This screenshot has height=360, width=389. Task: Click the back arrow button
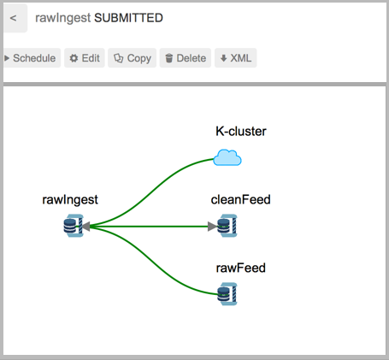tap(15, 18)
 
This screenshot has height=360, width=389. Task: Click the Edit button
tap(85, 58)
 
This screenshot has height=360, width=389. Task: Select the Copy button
tap(132, 58)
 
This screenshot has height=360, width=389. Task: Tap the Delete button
tap(186, 58)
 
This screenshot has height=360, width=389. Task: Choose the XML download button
tap(236, 58)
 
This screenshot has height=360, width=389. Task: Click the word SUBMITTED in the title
tap(128, 18)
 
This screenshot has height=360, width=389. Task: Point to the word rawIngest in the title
tap(63, 18)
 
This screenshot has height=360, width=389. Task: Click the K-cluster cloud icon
tap(227, 157)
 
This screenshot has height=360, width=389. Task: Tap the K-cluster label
tap(241, 132)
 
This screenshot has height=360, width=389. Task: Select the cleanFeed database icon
tap(227, 226)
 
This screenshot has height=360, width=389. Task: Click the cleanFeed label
tap(240, 199)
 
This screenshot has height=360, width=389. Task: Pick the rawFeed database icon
tap(227, 294)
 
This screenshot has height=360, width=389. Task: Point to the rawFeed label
tap(241, 268)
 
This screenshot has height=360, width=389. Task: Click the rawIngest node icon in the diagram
tap(74, 226)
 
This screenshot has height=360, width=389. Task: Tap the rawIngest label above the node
tap(70, 199)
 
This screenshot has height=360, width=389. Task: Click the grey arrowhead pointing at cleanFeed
tap(212, 227)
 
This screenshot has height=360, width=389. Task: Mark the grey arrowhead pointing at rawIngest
tap(86, 227)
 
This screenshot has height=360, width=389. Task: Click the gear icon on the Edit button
tap(74, 58)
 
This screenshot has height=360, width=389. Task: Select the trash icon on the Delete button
tap(169, 58)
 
